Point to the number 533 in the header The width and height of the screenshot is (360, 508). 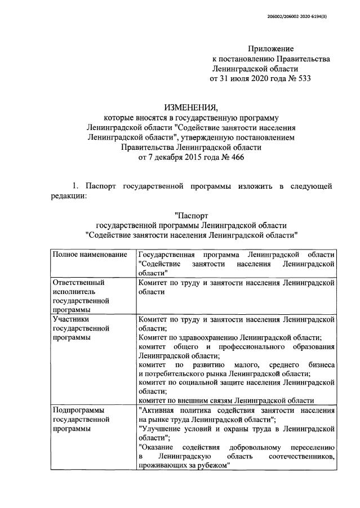pos(303,78)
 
